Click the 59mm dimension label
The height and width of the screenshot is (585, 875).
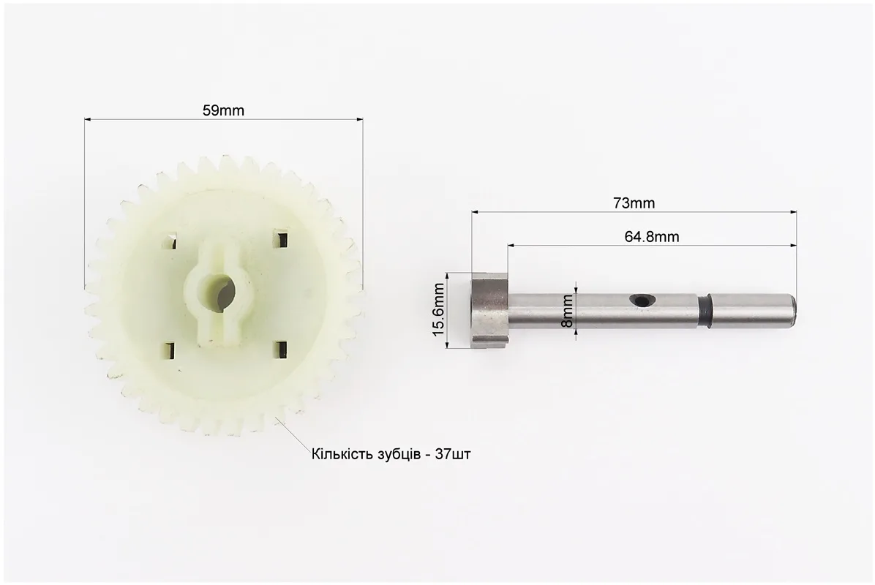(223, 110)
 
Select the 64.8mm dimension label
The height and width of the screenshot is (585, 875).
(652, 237)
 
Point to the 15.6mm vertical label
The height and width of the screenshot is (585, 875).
(439, 309)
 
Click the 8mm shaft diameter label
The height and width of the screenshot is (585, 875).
(568, 311)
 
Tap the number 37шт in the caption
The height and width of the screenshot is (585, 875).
(453, 455)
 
